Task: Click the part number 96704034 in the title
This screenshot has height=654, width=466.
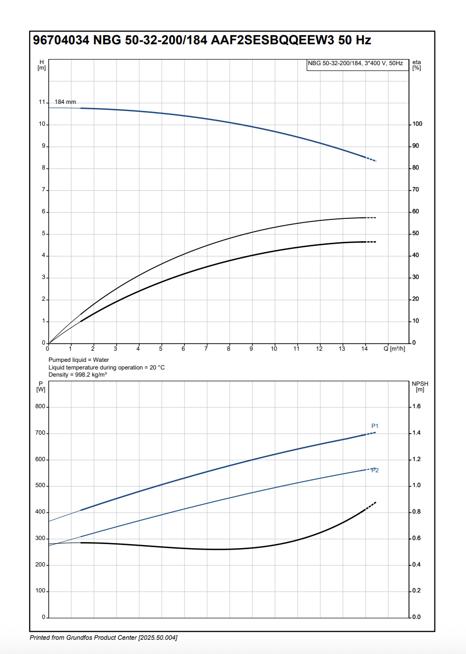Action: click(x=61, y=41)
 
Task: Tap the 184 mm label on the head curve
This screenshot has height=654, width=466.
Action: click(x=65, y=102)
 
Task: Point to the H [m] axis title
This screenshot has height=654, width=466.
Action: click(x=42, y=65)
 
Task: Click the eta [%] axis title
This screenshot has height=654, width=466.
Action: click(x=417, y=65)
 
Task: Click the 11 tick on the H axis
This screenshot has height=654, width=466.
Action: click(x=42, y=102)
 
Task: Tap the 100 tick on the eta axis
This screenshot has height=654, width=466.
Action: click(x=417, y=124)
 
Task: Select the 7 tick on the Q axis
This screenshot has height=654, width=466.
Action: click(x=206, y=349)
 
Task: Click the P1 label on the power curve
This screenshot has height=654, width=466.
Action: click(x=375, y=425)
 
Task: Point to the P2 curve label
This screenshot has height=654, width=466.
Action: click(x=375, y=470)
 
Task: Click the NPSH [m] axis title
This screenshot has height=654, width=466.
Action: click(x=420, y=387)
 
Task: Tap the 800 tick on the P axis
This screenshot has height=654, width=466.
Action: click(x=40, y=407)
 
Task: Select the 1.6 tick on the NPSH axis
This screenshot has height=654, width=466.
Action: click(x=416, y=407)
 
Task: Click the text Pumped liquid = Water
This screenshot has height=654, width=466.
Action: click(x=78, y=360)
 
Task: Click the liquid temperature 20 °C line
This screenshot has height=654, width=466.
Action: click(x=106, y=367)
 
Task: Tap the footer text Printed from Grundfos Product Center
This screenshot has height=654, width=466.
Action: click(x=103, y=638)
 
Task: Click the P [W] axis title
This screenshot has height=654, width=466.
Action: click(x=41, y=387)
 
